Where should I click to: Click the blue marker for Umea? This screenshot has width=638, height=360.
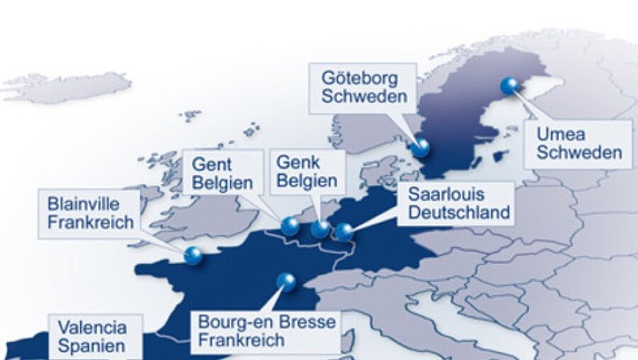click(x=509, y=86)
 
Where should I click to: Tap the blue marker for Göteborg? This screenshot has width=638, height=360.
click(x=421, y=147)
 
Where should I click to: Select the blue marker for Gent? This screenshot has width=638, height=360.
click(x=289, y=225)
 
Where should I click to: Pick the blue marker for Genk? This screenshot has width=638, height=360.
click(x=320, y=228)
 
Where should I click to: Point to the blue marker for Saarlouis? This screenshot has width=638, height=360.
click(x=344, y=231)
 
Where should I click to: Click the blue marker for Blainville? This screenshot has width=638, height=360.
click(x=192, y=255)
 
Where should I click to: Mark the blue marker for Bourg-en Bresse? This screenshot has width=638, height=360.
click(x=286, y=281)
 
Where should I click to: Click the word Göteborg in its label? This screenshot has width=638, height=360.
click(x=359, y=77)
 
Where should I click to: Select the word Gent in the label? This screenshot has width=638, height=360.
click(x=211, y=164)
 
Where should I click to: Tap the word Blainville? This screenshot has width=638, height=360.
click(x=83, y=203)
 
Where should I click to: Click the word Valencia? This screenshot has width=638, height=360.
click(x=92, y=327)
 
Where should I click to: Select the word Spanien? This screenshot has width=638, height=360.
click(x=91, y=346)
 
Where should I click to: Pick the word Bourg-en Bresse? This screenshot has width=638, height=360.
click(x=267, y=323)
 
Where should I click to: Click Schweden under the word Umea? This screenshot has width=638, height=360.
click(x=578, y=152)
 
